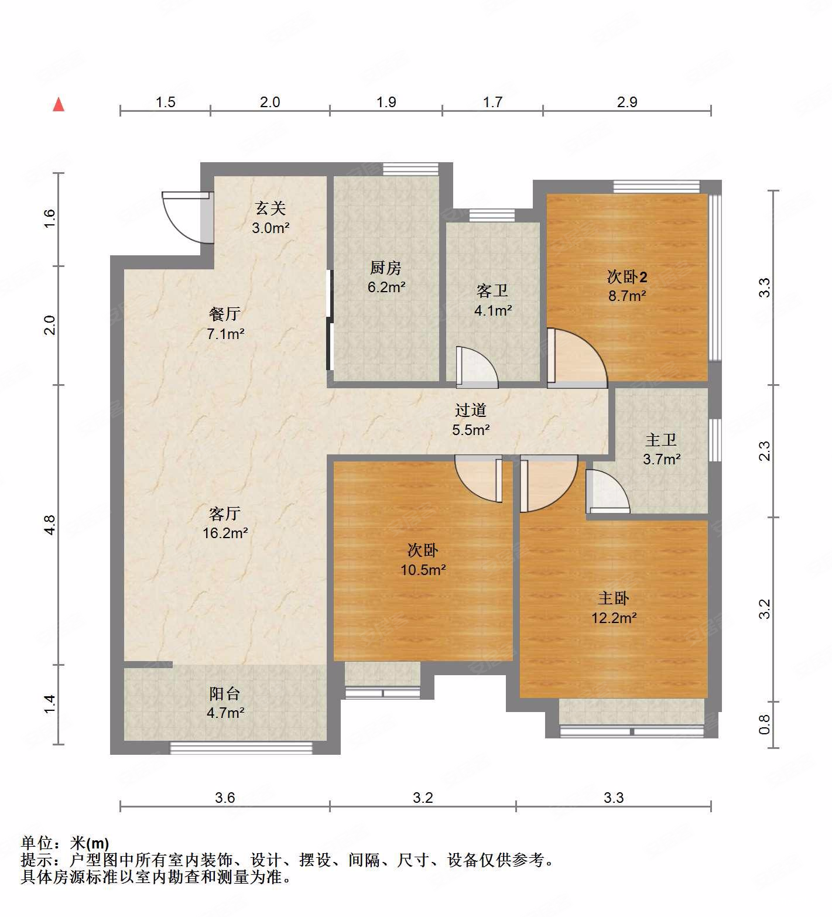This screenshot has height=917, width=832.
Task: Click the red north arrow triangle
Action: pyautogui.click(x=59, y=105)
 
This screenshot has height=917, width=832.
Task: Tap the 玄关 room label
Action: pyautogui.click(x=270, y=208)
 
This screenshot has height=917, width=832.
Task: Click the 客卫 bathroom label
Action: pyautogui.click(x=492, y=290)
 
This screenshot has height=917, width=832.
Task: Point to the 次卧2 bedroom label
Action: pyautogui.click(x=626, y=276)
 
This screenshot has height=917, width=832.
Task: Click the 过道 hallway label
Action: pyautogui.click(x=470, y=410)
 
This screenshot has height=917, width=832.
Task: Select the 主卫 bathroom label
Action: pyautogui.click(x=661, y=440)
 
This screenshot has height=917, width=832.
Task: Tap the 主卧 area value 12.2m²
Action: pyautogui.click(x=614, y=618)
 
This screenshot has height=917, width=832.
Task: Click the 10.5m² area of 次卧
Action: pyautogui.click(x=423, y=569)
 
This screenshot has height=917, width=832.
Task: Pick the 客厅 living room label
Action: pyautogui.click(x=224, y=514)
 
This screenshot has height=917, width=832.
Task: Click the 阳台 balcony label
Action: pyautogui.click(x=225, y=694)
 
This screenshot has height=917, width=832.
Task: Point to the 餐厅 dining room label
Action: pyautogui.click(x=224, y=314)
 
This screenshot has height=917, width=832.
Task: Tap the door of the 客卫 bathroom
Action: pyautogui.click(x=475, y=368)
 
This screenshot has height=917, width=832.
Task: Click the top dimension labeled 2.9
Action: pyautogui.click(x=626, y=102)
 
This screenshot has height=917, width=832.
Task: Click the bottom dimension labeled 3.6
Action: pyautogui.click(x=225, y=798)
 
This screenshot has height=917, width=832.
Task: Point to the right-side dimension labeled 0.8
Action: pyautogui.click(x=765, y=724)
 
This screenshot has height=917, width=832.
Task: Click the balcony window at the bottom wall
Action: pyautogui.click(x=241, y=747)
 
